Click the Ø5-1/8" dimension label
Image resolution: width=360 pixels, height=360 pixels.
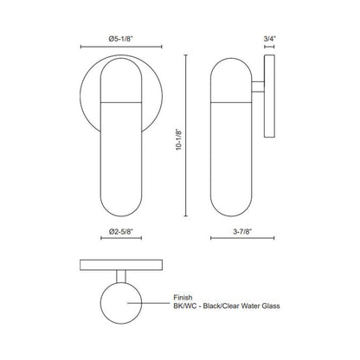click(x=120, y=39)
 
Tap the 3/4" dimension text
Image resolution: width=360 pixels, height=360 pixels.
click(x=270, y=39)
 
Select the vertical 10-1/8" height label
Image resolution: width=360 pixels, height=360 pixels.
click(x=179, y=140)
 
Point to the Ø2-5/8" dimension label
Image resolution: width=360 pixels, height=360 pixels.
click(x=121, y=231)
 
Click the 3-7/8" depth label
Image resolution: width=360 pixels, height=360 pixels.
click(x=242, y=231)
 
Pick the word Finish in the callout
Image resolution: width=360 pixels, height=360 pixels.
click(x=183, y=297)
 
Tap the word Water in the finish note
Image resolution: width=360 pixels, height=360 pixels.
click(x=250, y=305)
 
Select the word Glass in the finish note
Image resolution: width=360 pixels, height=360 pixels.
click(x=271, y=305)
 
